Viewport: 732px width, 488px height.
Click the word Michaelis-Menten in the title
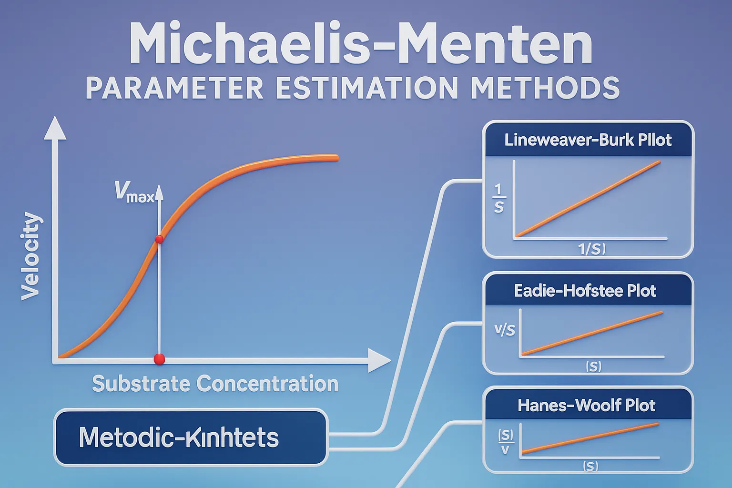point(360,45)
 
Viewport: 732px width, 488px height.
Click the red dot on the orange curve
point(159,239)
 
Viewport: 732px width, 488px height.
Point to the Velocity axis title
point(31,256)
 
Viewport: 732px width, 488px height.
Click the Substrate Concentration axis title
point(215,384)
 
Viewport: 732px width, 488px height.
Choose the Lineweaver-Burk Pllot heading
point(588,140)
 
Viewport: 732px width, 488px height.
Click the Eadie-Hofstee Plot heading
point(585,291)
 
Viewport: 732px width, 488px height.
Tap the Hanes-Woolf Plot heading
point(586,406)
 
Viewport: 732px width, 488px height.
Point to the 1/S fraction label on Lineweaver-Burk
point(498,199)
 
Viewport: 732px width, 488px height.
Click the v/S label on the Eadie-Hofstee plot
point(505,330)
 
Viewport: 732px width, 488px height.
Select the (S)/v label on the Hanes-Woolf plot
point(505,441)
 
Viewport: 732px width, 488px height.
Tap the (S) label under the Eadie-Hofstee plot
point(593,366)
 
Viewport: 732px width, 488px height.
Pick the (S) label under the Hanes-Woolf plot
point(590,466)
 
